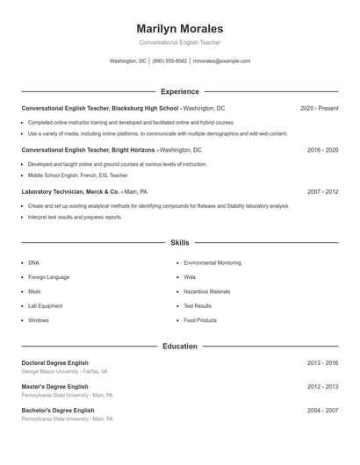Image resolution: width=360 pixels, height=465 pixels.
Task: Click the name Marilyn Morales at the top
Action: pyautogui.click(x=179, y=29)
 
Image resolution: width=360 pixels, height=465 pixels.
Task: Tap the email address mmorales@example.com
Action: pyautogui.click(x=221, y=61)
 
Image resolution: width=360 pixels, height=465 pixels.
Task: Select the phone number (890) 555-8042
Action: pyautogui.click(x=169, y=61)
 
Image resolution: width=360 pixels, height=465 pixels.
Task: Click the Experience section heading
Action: pyautogui.click(x=179, y=91)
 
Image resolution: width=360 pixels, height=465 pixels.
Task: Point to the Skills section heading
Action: pyautogui.click(x=179, y=242)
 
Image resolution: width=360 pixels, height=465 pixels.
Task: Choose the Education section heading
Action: pyautogui.click(x=179, y=347)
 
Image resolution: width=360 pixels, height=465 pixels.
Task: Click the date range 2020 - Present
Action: pyautogui.click(x=319, y=108)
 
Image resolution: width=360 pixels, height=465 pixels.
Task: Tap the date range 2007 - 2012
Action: pyautogui.click(x=322, y=191)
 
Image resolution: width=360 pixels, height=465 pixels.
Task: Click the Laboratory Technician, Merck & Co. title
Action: pyautogui.click(x=71, y=191)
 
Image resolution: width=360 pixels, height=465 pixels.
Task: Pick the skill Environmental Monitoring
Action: pyautogui.click(x=212, y=262)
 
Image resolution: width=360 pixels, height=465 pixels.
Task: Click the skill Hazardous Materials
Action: pyautogui.click(x=206, y=291)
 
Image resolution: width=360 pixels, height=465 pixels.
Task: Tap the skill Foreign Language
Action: pyautogui.click(x=48, y=277)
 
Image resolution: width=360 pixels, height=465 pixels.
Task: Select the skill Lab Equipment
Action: pyautogui.click(x=45, y=306)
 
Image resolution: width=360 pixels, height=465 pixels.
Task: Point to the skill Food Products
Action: pyautogui.click(x=200, y=320)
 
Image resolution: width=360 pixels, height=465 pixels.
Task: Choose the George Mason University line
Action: pyautogui.click(x=64, y=372)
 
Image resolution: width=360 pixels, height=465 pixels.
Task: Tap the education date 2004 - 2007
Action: pyautogui.click(x=322, y=410)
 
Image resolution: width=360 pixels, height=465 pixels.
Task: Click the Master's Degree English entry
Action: pyautogui.click(x=54, y=386)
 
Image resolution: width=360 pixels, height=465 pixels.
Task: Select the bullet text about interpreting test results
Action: pyautogui.click(x=75, y=217)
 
